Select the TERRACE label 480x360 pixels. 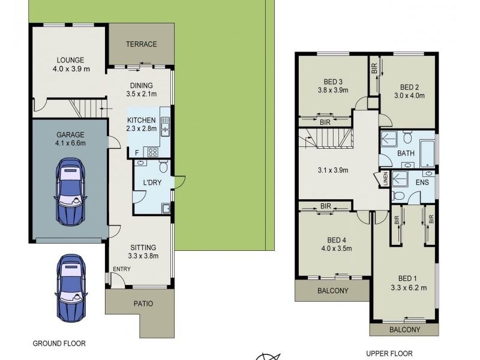tap(141, 44)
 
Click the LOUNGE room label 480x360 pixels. tap(70, 60)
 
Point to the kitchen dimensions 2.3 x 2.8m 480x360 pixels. tap(142, 128)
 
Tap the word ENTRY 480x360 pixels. tap(121, 268)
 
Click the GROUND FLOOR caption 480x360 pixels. tap(59, 344)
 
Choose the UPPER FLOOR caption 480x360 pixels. tap(391, 353)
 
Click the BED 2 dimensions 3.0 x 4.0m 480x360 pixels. tap(409, 95)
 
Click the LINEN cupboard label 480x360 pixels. tap(385, 178)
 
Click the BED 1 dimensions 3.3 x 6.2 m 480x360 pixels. tap(408, 287)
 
